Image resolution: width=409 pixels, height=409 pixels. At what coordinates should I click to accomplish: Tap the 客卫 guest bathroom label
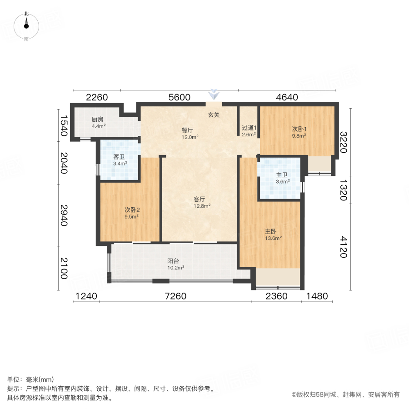point(120,157)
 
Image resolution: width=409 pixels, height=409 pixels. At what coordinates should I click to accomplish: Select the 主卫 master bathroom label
point(282,175)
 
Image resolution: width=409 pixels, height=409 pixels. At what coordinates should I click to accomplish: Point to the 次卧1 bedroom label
point(299,129)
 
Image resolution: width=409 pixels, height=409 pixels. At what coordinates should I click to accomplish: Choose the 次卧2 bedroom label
point(132,210)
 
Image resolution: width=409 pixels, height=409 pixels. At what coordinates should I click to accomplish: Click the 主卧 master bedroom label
point(271,231)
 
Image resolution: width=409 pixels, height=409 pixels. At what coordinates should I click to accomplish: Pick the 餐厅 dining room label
point(188,130)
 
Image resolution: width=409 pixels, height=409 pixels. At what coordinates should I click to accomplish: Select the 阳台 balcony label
point(173,261)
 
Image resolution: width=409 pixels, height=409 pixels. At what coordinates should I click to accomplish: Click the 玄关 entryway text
point(214,115)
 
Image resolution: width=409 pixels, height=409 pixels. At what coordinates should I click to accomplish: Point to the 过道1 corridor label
point(249,128)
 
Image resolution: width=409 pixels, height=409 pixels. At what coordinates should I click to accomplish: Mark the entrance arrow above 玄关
point(213,95)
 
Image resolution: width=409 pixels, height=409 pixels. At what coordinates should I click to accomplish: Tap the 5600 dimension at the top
point(179,97)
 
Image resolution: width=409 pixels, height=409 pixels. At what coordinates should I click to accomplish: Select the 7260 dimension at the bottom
point(176,296)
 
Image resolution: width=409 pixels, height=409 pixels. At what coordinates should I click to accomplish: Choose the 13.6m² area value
point(274,238)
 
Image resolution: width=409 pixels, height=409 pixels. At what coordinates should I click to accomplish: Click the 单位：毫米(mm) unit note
point(30,380)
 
